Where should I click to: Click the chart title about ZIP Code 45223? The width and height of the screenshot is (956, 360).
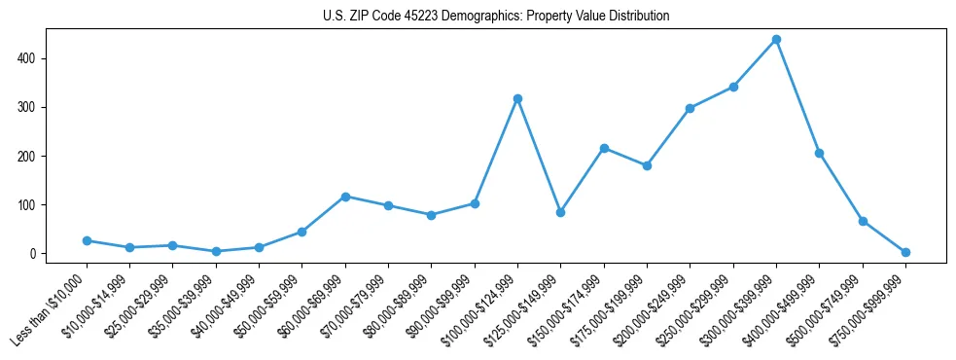[x=496, y=17]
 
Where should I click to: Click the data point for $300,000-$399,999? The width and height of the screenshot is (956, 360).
[x=776, y=40]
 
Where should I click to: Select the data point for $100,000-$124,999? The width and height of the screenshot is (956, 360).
[x=517, y=98]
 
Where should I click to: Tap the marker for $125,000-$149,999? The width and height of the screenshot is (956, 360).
[x=560, y=212]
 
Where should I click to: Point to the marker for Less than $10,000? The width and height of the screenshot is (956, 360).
[x=87, y=240]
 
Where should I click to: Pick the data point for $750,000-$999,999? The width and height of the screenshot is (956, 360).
[x=905, y=252]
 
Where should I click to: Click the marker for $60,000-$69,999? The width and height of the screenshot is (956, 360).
[x=345, y=197]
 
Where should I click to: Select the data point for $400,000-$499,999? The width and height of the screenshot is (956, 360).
[x=819, y=153]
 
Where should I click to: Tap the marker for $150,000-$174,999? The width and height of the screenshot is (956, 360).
[x=604, y=148]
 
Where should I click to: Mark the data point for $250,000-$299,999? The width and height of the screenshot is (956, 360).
[x=733, y=87]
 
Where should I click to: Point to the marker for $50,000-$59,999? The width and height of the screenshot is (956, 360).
[x=302, y=232]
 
